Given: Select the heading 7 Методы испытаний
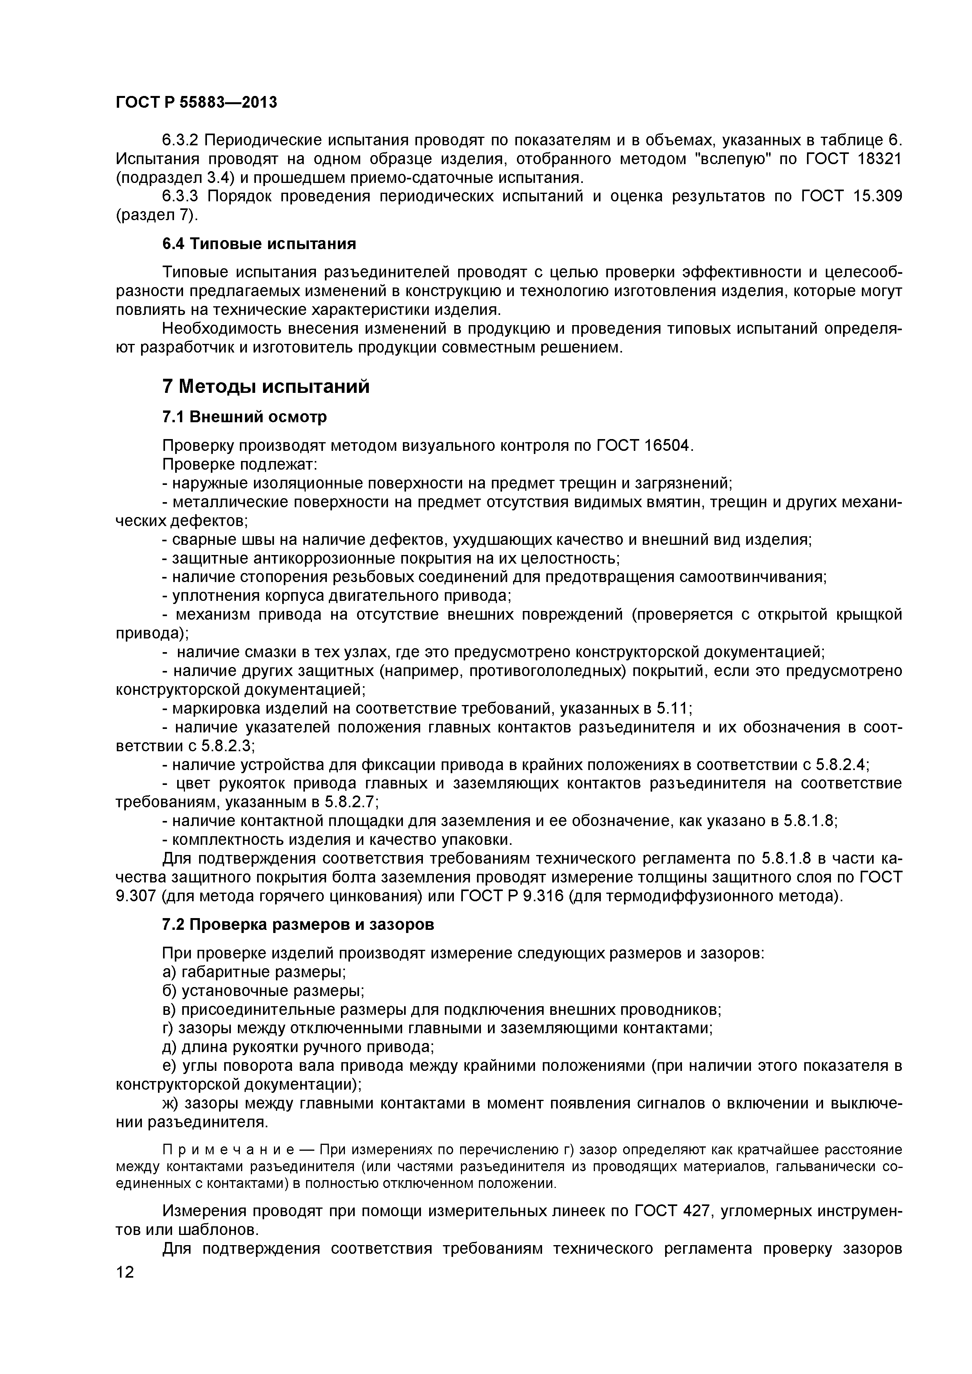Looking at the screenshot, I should pos(266,387).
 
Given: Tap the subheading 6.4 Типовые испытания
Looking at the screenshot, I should pos(259,244).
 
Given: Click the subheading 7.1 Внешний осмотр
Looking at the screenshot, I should pos(244,416).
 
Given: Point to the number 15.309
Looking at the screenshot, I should pos(876,196).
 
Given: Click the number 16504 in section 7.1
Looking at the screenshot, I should pos(668,446).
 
